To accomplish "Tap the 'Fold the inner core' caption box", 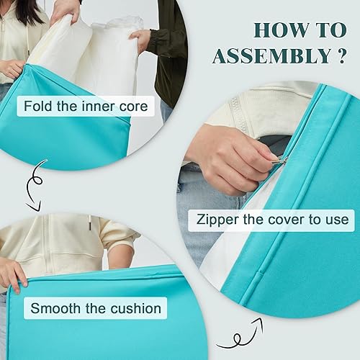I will pyautogui.click(x=85, y=107).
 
